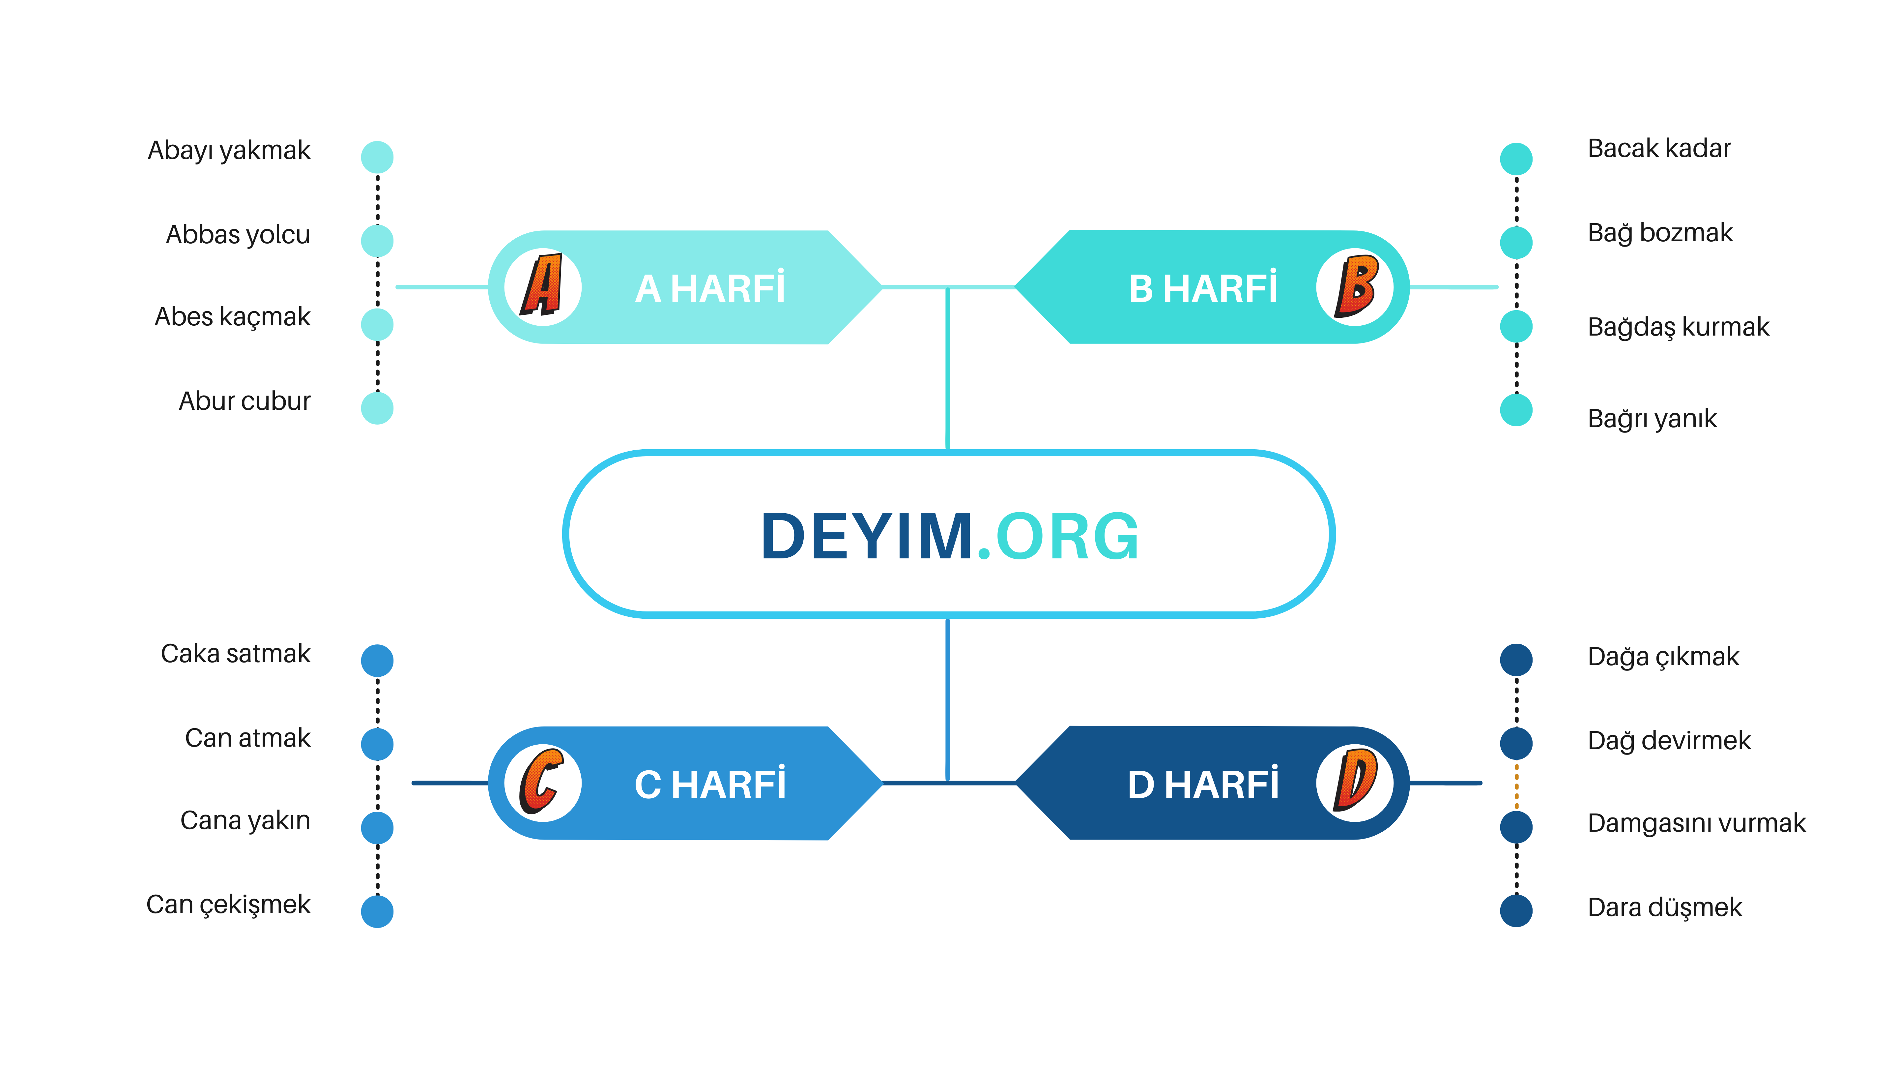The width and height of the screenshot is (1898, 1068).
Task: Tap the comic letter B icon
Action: click(1356, 286)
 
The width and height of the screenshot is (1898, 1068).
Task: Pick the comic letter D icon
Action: click(1356, 781)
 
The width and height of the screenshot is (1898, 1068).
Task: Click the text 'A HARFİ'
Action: click(710, 288)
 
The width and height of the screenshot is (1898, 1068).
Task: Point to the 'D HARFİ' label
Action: click(1203, 784)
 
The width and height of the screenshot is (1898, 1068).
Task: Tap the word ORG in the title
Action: click(1067, 537)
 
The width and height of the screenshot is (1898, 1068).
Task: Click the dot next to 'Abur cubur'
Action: click(377, 408)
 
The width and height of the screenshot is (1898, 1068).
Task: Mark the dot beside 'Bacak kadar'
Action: click(1516, 159)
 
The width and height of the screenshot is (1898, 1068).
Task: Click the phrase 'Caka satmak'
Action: click(236, 654)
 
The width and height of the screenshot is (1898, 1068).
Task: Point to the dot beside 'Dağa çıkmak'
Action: click(1516, 660)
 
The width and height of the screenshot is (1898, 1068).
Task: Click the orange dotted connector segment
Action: click(1516, 786)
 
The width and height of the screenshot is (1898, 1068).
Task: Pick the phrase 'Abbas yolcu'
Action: click(238, 234)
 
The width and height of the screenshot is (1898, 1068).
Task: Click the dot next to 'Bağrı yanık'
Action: click(1516, 410)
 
